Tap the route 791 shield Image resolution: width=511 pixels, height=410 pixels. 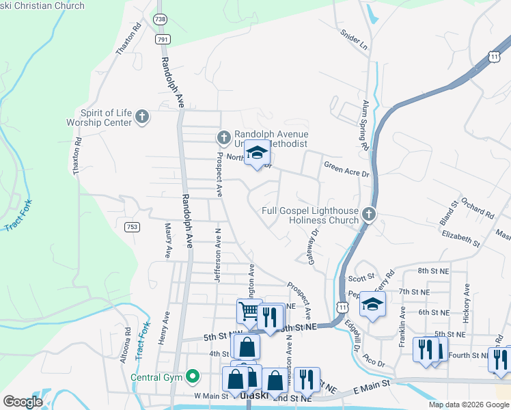point(163,40)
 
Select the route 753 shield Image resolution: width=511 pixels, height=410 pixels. point(132,226)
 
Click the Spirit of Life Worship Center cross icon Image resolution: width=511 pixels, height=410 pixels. point(142,117)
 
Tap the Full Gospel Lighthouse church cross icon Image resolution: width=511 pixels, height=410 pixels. point(369,215)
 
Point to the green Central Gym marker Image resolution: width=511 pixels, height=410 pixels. point(193,375)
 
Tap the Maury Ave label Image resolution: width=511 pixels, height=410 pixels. point(167,240)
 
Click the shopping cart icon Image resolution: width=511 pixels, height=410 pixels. point(249,312)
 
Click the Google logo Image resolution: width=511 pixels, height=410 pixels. point(23,402)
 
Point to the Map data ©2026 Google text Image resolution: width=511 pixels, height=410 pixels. point(468,405)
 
